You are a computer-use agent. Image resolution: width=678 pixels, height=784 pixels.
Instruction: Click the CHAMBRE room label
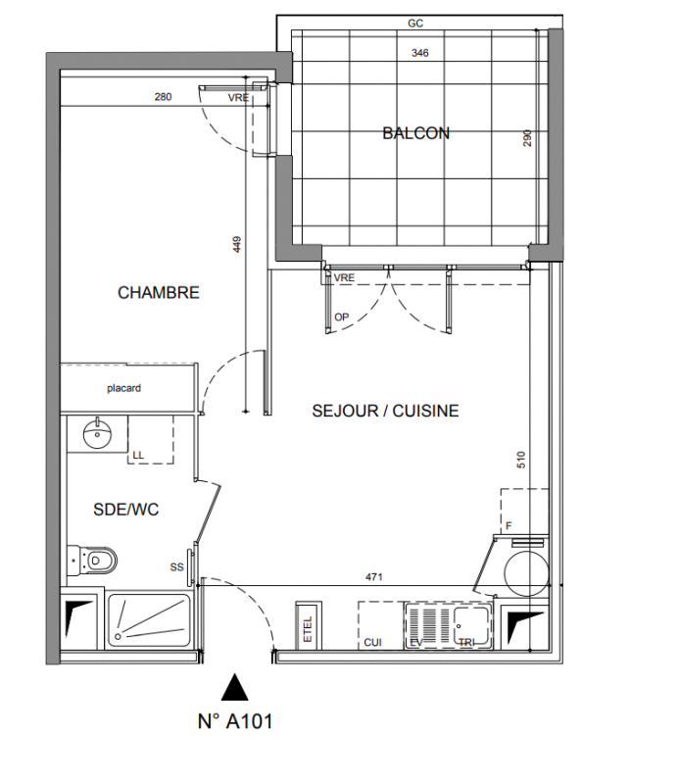tap(159, 292)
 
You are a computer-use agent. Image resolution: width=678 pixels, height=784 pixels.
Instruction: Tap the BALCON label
tap(416, 133)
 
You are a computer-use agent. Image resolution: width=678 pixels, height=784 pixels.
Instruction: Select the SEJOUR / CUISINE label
tap(385, 411)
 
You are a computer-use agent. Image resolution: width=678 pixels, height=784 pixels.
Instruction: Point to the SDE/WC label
tap(126, 510)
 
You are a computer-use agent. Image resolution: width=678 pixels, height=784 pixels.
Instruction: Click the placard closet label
tap(124, 388)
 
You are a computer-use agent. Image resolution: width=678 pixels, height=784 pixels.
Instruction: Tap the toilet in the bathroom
tap(92, 561)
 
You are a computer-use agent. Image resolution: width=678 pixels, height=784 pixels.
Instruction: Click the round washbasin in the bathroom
tap(97, 433)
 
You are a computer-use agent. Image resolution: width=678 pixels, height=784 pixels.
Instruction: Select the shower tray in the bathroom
tap(149, 620)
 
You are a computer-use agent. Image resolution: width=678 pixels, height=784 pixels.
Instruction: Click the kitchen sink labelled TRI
tap(470, 625)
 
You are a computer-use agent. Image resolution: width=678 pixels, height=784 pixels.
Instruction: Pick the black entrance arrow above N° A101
tap(234, 687)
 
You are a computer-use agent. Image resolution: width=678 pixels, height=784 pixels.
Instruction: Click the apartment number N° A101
tap(235, 721)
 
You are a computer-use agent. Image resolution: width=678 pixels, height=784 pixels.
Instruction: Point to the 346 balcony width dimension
tap(420, 53)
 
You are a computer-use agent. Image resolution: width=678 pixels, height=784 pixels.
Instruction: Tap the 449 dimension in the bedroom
tap(237, 244)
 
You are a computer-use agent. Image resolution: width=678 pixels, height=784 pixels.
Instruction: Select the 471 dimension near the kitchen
tap(374, 577)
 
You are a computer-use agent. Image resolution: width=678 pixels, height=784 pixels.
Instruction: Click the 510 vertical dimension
tap(521, 460)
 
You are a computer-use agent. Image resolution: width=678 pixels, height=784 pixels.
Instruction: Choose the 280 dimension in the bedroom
tap(163, 97)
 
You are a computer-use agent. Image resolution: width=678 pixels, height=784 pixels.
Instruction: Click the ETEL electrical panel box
tap(308, 626)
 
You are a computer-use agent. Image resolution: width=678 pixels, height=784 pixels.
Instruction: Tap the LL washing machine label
tap(138, 455)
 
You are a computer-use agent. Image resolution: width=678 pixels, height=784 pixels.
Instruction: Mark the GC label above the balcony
tap(415, 24)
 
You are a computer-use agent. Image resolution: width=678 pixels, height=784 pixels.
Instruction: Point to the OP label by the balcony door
tap(342, 317)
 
